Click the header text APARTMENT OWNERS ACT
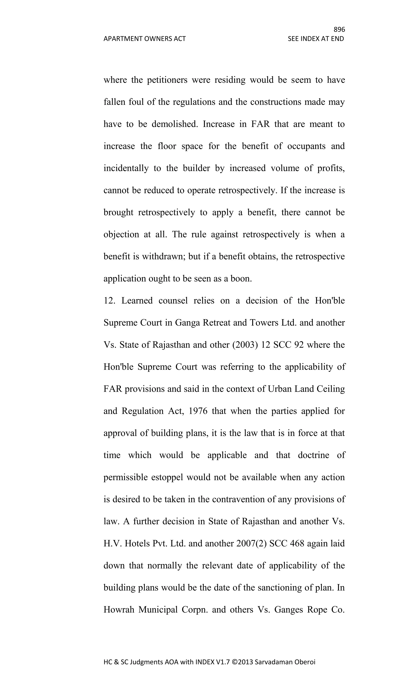point(144,39)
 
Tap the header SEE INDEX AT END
point(316,39)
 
